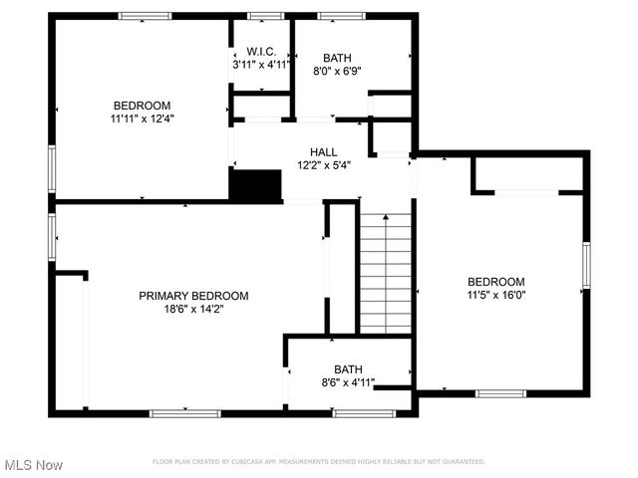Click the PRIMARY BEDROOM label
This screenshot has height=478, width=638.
193,296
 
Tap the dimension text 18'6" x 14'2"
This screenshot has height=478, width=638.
193,309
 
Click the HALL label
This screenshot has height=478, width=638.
323,152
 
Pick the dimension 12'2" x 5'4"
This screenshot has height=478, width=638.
323,165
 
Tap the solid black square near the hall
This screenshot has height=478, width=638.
256,185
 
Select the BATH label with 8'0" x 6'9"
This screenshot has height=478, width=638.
336,58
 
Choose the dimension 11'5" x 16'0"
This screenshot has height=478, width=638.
495,295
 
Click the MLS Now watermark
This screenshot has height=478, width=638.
34,465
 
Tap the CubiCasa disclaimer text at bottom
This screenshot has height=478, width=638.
319,462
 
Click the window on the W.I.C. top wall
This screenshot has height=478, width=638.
263,16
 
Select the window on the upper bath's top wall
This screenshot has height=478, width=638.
341,16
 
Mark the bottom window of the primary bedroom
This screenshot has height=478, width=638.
184,412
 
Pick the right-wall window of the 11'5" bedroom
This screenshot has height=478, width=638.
586,268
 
